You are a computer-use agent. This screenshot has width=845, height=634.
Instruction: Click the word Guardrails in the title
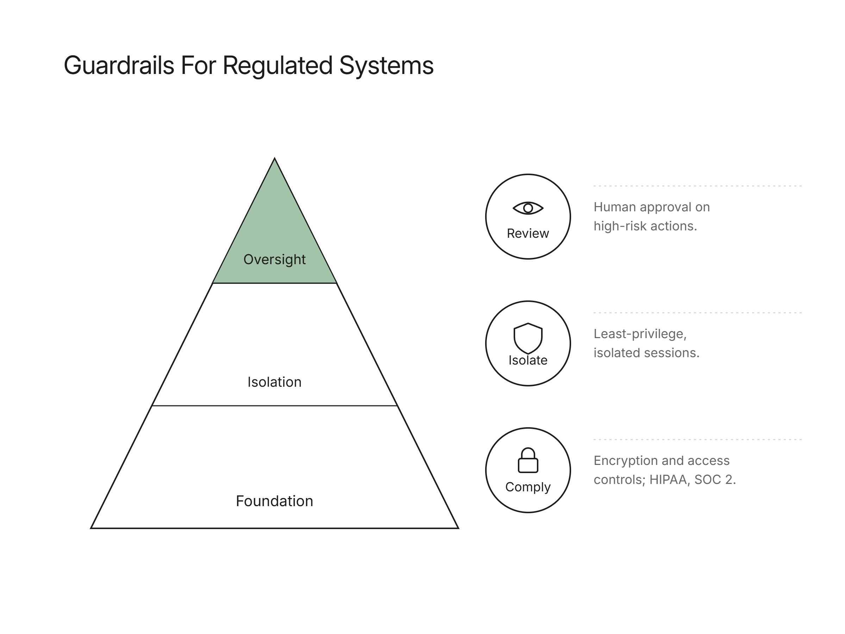click(x=119, y=66)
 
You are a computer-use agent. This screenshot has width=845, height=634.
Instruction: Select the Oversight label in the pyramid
click(x=274, y=260)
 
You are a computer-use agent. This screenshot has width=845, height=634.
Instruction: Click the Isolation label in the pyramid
click(x=274, y=382)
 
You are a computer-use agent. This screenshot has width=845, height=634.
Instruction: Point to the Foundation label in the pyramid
click(x=274, y=501)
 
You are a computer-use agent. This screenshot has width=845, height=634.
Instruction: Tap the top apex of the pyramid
click(x=275, y=158)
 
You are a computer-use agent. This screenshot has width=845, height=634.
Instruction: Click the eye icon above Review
click(x=528, y=208)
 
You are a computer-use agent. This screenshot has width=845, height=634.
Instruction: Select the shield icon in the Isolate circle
click(x=528, y=338)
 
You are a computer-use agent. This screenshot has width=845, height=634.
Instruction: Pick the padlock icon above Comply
click(x=528, y=460)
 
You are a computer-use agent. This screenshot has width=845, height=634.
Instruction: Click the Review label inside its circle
click(x=528, y=234)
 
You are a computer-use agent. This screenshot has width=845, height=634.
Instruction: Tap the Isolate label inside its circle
click(x=528, y=360)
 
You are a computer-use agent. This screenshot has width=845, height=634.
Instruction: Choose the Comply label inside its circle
click(x=528, y=487)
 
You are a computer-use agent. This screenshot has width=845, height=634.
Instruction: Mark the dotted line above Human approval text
click(x=697, y=186)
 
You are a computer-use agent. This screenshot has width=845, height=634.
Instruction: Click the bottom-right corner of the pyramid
click(x=458, y=528)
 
